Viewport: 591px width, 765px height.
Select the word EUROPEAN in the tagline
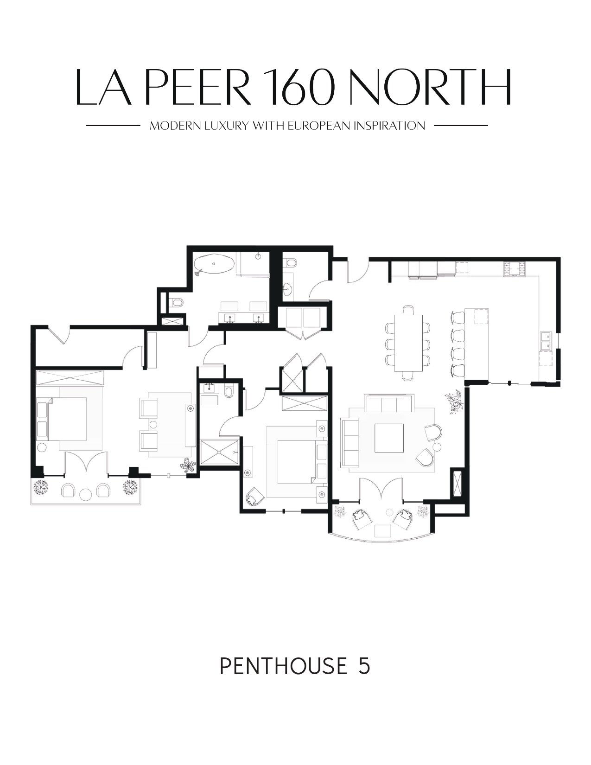coord(320,126)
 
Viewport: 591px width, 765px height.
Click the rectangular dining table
coord(408,343)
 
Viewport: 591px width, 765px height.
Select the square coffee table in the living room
coord(389,438)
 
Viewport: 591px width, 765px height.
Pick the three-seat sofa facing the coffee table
coord(389,403)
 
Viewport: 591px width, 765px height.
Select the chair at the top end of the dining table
coord(408,309)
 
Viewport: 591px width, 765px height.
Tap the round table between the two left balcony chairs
coord(86,495)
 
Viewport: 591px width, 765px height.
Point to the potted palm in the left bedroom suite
coord(188,467)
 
